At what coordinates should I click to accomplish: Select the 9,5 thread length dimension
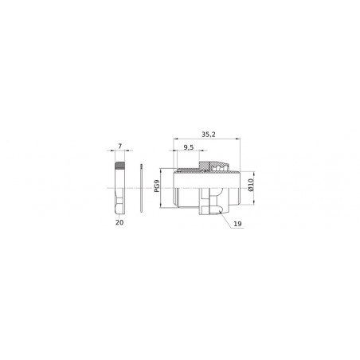[189, 149]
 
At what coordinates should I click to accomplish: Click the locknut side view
[122, 189]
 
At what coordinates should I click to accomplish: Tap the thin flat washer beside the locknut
[140, 188]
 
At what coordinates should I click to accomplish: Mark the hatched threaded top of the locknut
[122, 166]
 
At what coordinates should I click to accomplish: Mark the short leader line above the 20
[120, 216]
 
